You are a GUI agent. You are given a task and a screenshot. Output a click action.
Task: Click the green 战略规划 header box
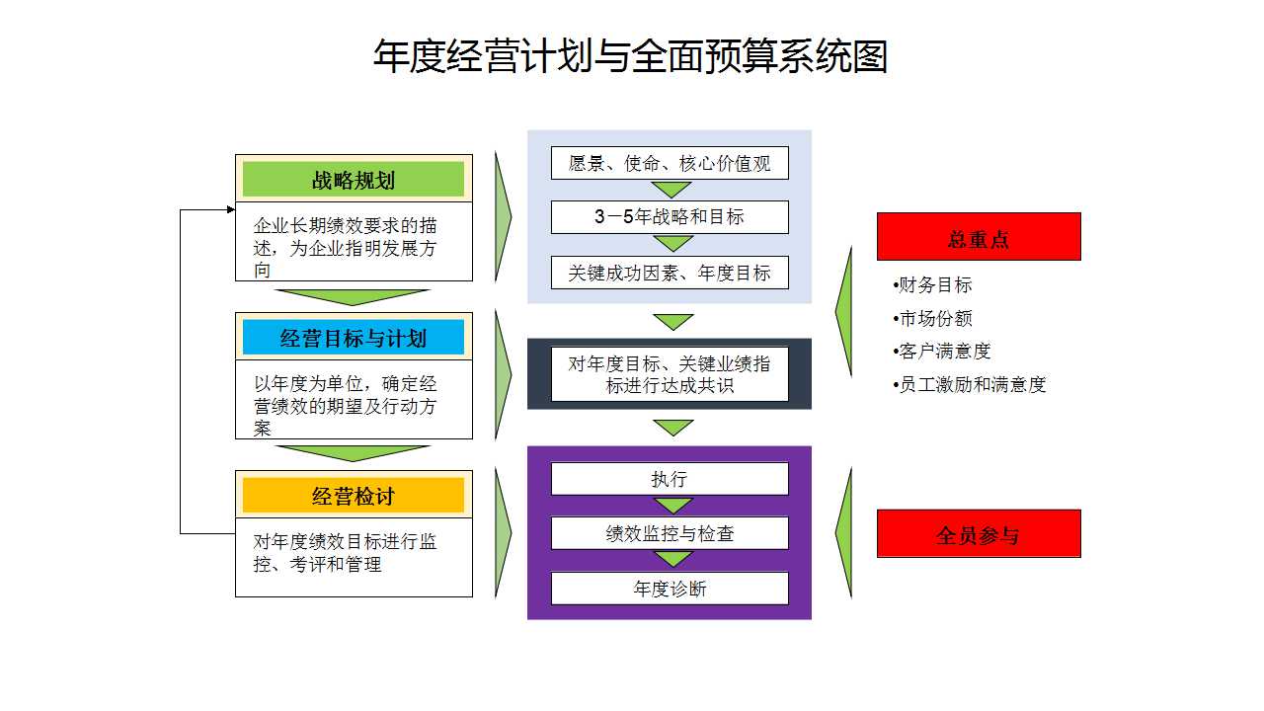354,179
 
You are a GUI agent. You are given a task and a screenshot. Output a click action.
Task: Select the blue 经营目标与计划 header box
354,337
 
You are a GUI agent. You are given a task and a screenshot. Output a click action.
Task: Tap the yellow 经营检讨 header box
354,495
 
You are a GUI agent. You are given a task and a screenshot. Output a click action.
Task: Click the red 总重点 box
979,236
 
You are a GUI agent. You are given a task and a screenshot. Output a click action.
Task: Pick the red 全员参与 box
979,533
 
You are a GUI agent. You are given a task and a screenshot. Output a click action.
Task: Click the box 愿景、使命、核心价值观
670,163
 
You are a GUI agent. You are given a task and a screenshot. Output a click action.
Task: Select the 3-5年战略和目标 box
670,217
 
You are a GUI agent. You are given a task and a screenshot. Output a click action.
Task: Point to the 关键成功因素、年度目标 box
670,273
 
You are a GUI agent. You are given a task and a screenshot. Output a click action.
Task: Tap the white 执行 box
670,479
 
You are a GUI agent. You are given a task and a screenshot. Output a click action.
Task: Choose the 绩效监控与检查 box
670,533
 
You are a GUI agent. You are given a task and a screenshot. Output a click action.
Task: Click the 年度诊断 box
670,589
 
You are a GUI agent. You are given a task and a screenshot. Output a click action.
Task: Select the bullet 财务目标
932,285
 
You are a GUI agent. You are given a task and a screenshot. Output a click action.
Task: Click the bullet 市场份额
932,318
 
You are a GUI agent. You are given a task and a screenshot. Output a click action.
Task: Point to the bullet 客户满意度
941,352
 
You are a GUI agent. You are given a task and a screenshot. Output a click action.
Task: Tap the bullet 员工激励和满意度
970,385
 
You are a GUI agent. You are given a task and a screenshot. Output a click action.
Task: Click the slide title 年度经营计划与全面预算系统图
630,56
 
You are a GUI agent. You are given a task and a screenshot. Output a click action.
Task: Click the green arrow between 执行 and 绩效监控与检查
672,506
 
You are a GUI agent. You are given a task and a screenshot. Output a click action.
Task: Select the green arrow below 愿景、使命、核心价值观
671,190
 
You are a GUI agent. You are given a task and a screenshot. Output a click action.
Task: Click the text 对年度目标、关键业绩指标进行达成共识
670,374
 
